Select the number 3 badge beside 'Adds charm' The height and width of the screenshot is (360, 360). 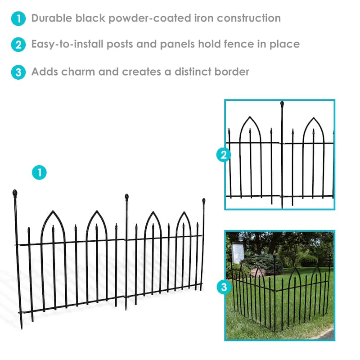18,72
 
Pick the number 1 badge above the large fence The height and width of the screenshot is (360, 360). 39,172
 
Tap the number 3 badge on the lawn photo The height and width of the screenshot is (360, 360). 224,288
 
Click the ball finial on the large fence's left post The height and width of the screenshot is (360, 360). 15,193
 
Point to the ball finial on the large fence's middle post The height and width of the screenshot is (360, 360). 127,197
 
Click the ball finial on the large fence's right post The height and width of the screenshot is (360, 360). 203,200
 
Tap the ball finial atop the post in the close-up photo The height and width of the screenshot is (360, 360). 282,104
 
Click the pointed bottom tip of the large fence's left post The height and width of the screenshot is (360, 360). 21,326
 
